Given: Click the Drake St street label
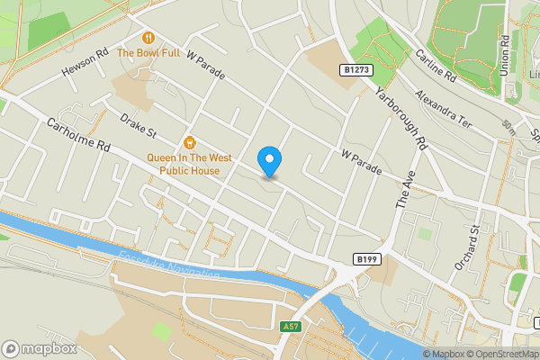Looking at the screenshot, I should [x=138, y=127].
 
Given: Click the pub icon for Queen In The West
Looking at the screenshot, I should [x=190, y=142].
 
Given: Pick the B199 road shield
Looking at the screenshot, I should [x=364, y=259].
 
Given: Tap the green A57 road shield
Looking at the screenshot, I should [x=290, y=326].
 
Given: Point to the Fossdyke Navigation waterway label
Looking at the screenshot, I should [x=169, y=267].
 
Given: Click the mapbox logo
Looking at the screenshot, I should [x=40, y=348].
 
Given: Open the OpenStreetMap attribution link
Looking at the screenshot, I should [x=499, y=354].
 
